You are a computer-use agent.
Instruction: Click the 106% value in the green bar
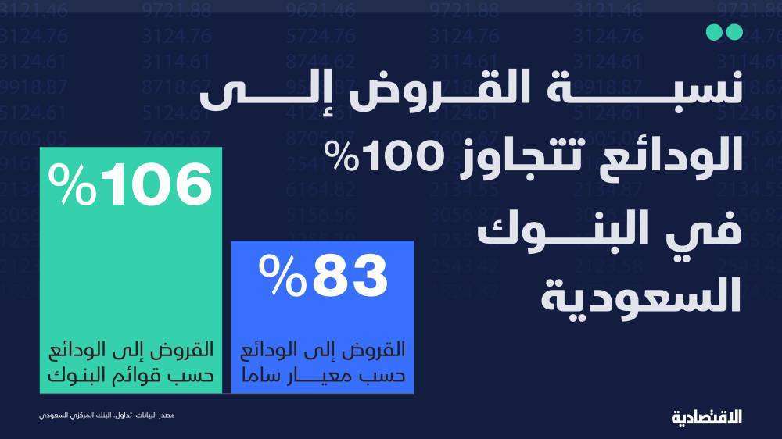pos(131,184)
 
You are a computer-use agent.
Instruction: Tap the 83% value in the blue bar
pos(323,275)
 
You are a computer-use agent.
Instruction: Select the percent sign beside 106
pos(72,184)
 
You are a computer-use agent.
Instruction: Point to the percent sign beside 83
pos(282,275)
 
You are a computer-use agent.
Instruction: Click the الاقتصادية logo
pos(707,417)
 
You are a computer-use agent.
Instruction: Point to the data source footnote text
pos(106,415)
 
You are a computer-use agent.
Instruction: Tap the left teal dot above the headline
pos(715,32)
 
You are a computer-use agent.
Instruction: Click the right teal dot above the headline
pos(734,32)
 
